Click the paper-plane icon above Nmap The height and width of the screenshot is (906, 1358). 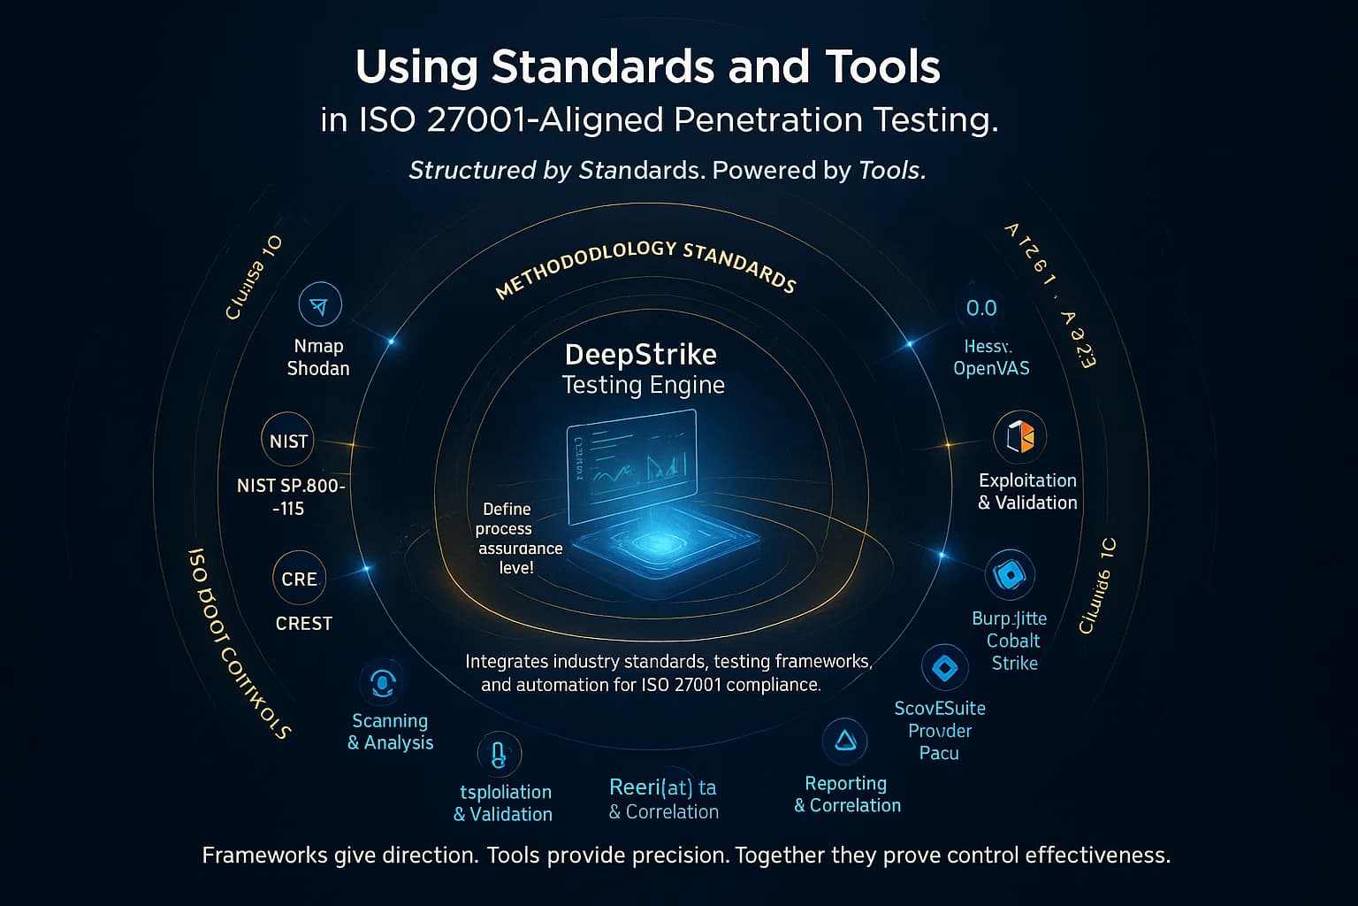pyautogui.click(x=320, y=306)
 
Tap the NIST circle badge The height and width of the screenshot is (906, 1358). pyautogui.click(x=288, y=441)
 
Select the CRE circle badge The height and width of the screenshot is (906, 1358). pyautogui.click(x=299, y=579)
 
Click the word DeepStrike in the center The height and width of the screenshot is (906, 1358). pyautogui.click(x=640, y=355)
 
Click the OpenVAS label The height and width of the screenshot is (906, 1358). pyautogui.click(x=991, y=368)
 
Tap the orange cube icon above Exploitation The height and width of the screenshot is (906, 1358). pyautogui.click(x=1019, y=436)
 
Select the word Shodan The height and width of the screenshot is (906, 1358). pyautogui.click(x=318, y=368)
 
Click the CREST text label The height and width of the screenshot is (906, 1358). pyautogui.click(x=303, y=624)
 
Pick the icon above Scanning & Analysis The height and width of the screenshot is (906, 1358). pyautogui.click(x=383, y=683)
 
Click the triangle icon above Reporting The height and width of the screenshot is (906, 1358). pyautogui.click(x=845, y=741)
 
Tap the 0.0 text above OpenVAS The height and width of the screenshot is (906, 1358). pyautogui.click(x=981, y=308)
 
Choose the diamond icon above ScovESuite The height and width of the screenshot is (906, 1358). pyautogui.click(x=944, y=667)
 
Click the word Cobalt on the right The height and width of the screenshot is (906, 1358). pyautogui.click(x=1013, y=641)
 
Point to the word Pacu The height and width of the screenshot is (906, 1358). pyautogui.click(x=939, y=753)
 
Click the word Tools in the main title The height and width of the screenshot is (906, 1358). pyautogui.click(x=881, y=67)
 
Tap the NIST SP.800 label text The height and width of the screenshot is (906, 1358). pyautogui.click(x=291, y=486)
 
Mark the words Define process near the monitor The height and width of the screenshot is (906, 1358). pyautogui.click(x=506, y=519)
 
